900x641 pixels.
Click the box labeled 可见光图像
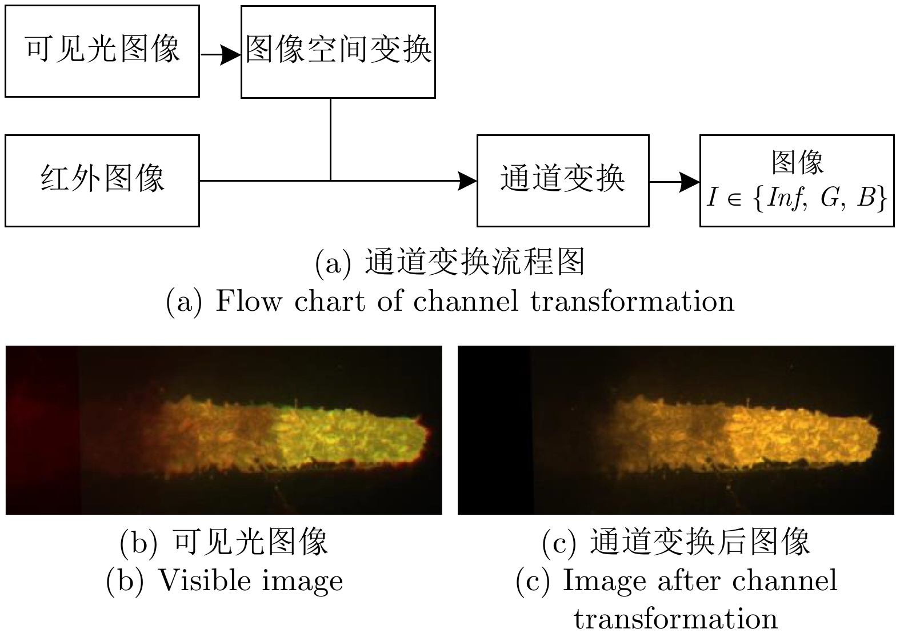click(x=102, y=51)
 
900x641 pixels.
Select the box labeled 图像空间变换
click(x=338, y=52)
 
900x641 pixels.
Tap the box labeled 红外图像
click(x=102, y=181)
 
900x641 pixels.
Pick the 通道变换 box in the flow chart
click(x=563, y=181)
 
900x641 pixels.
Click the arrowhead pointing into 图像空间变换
click(x=231, y=55)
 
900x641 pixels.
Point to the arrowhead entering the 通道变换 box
click(x=467, y=181)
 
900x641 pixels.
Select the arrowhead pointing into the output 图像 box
click(x=690, y=182)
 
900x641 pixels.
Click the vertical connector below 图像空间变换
click(x=330, y=139)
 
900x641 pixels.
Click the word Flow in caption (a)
click(x=249, y=301)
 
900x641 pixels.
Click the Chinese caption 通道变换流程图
click(x=474, y=262)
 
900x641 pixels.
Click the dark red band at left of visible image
click(x=42, y=430)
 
